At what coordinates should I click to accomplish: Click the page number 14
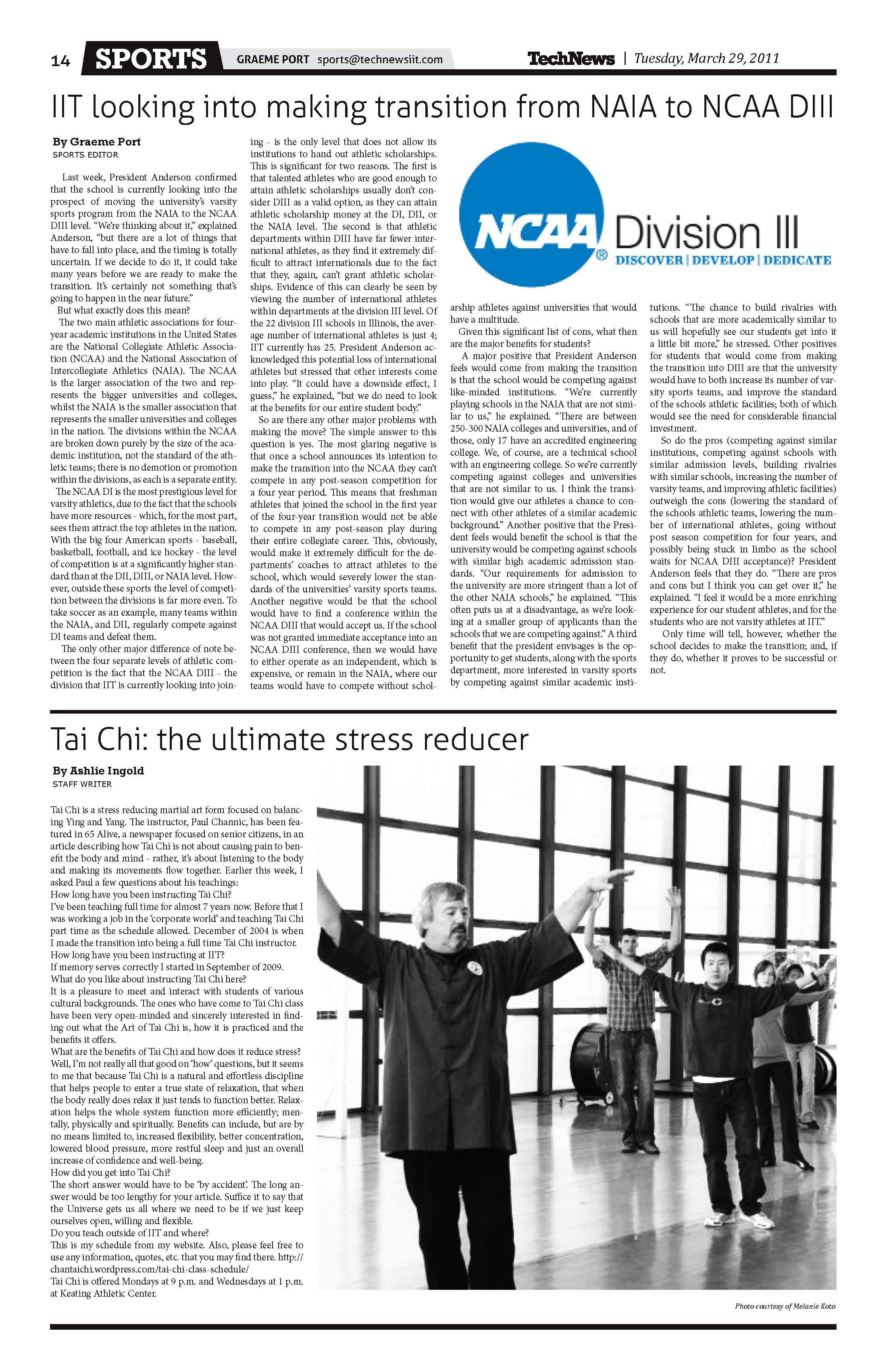60,60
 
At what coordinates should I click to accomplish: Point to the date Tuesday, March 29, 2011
706,58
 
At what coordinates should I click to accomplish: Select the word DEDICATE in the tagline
797,260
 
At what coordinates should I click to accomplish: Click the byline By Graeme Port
96,141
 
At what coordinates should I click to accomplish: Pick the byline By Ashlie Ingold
98,771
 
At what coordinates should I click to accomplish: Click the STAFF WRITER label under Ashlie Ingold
82,784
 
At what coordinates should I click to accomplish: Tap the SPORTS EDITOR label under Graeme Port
85,154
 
